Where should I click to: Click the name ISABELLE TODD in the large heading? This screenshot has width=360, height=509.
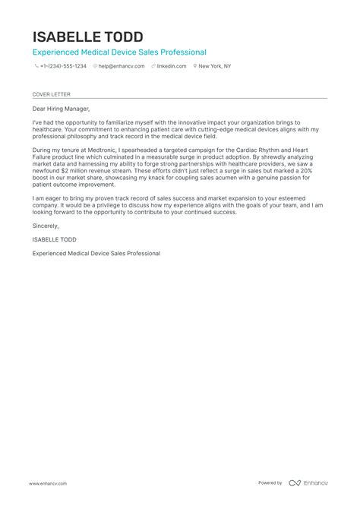click(x=87, y=36)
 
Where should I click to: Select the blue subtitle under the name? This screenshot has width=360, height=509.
click(x=119, y=52)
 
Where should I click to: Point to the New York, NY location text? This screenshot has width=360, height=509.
click(x=216, y=66)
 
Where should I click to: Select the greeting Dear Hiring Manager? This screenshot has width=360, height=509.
click(x=61, y=109)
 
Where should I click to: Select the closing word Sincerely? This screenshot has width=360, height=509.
click(x=45, y=226)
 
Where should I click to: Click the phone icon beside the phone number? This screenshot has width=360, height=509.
click(x=36, y=66)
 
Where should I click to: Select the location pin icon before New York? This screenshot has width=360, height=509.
click(x=195, y=66)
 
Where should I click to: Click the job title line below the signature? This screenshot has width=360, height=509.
click(x=96, y=253)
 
